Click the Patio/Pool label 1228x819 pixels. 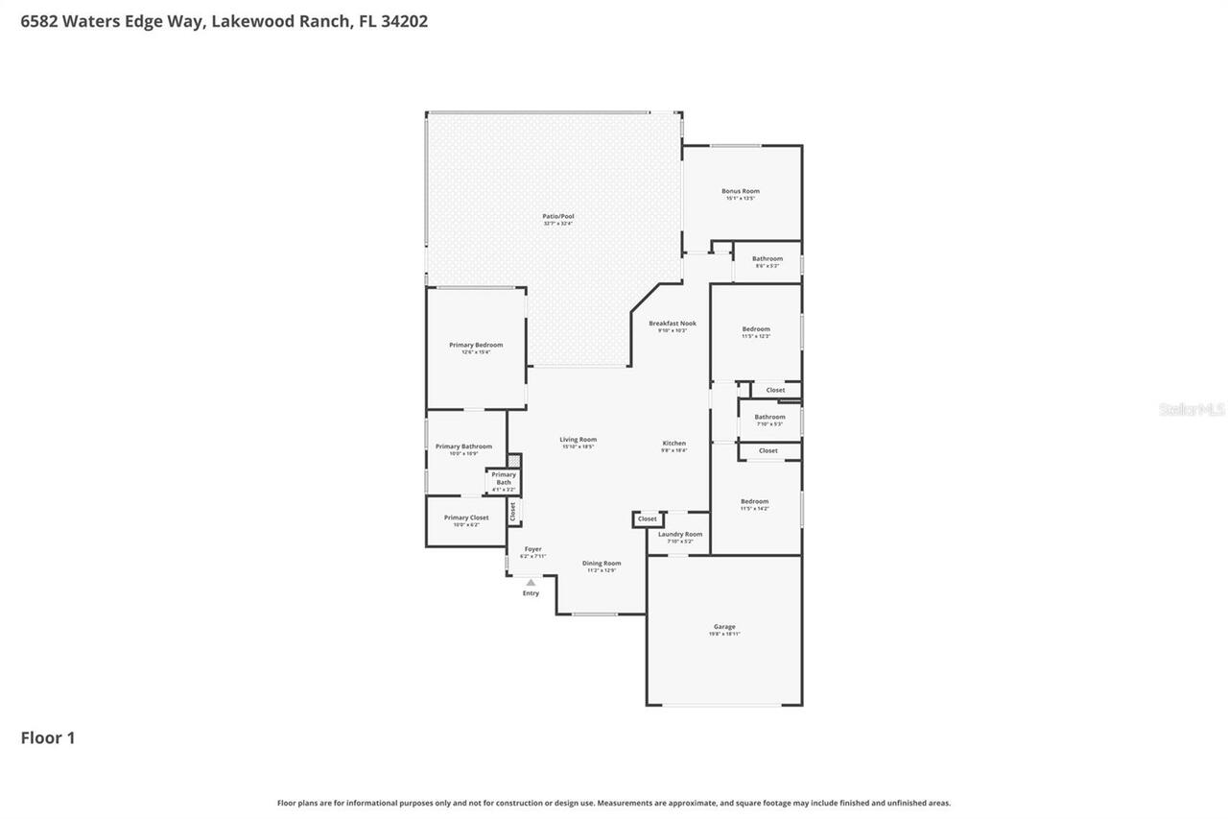coord(557,217)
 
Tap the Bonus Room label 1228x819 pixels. coord(740,191)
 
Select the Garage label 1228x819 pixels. coord(723,627)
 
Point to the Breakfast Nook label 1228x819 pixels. coord(672,324)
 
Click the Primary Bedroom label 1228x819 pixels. coord(476,345)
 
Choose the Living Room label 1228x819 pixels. coord(578,440)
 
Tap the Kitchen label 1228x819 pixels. coord(673,444)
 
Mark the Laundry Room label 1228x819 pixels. coord(679,534)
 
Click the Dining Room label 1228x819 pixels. coord(602,564)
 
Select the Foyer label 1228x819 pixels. coord(532,549)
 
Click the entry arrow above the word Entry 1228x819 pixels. coord(531,582)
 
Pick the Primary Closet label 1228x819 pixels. coord(465,518)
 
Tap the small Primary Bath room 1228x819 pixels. coord(504,480)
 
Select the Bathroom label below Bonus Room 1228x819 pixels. coord(767,258)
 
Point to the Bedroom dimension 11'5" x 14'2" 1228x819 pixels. coord(754,508)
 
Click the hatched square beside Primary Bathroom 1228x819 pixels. coord(514,461)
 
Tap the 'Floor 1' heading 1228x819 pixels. coord(48,737)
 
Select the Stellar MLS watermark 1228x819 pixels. coord(1191,410)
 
